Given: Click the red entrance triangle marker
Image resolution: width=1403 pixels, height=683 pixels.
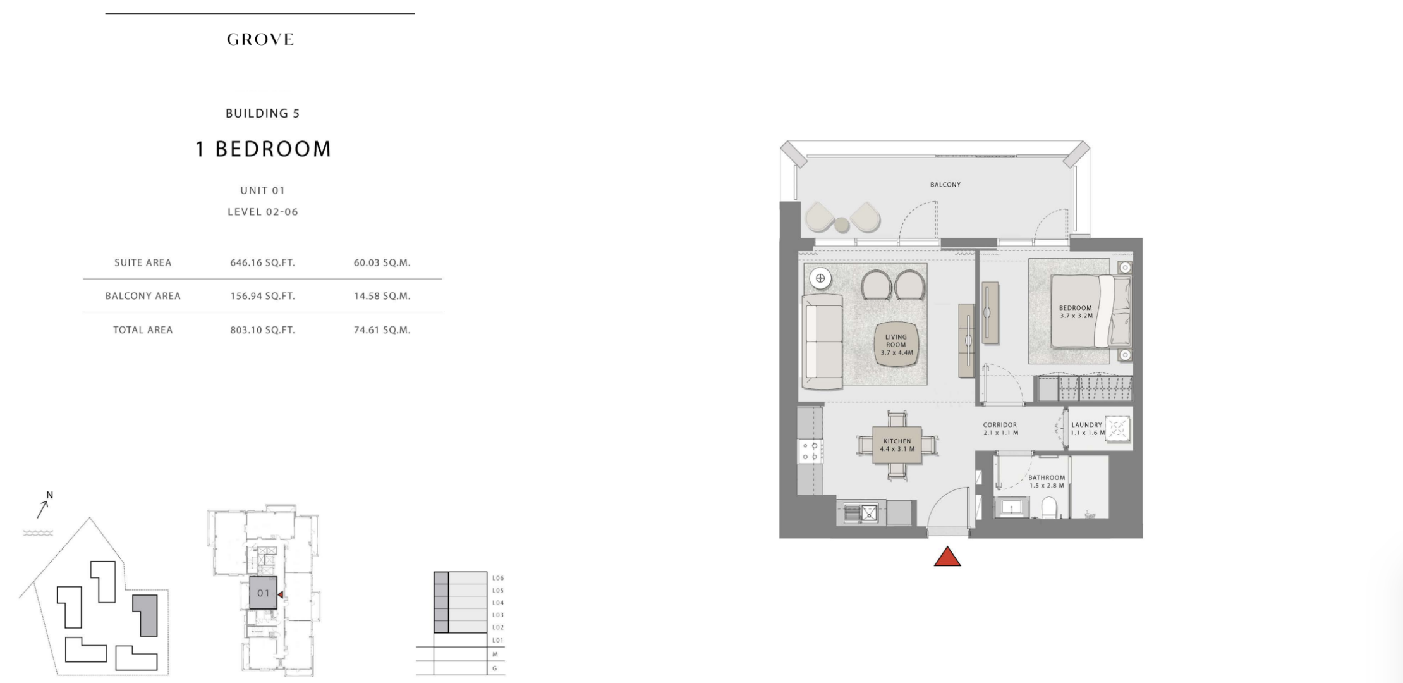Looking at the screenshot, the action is (947, 557).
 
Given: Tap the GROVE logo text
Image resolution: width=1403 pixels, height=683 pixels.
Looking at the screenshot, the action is (260, 39).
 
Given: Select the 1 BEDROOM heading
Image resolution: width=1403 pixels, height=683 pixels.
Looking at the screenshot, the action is (263, 149).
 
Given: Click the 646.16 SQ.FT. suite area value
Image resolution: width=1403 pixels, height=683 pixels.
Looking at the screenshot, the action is (262, 262).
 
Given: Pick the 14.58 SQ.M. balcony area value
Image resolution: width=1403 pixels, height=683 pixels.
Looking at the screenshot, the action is (382, 296).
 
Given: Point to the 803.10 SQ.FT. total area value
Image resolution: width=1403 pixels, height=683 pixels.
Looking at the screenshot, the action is (262, 330).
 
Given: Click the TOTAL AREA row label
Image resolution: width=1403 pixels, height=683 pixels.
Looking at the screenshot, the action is (143, 330).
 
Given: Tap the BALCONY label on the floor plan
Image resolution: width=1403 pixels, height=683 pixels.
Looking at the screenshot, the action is (945, 185).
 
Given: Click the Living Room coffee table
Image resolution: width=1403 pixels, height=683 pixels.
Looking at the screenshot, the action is (896, 345).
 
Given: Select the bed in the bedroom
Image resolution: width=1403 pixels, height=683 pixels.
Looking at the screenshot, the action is (1091, 311).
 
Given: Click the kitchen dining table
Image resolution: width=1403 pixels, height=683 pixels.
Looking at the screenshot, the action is (897, 445).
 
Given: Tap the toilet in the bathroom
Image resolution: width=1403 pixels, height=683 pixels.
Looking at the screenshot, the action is (1049, 507).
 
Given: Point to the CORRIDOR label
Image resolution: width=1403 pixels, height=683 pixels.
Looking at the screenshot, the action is (1000, 425).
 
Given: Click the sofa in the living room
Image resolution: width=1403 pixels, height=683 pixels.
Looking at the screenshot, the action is (823, 341).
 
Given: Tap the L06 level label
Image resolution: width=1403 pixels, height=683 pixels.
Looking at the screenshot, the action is (498, 578).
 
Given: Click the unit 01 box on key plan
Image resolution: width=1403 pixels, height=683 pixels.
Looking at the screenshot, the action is (264, 593).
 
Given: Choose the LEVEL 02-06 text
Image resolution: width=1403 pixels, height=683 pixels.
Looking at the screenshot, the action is (263, 212).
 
